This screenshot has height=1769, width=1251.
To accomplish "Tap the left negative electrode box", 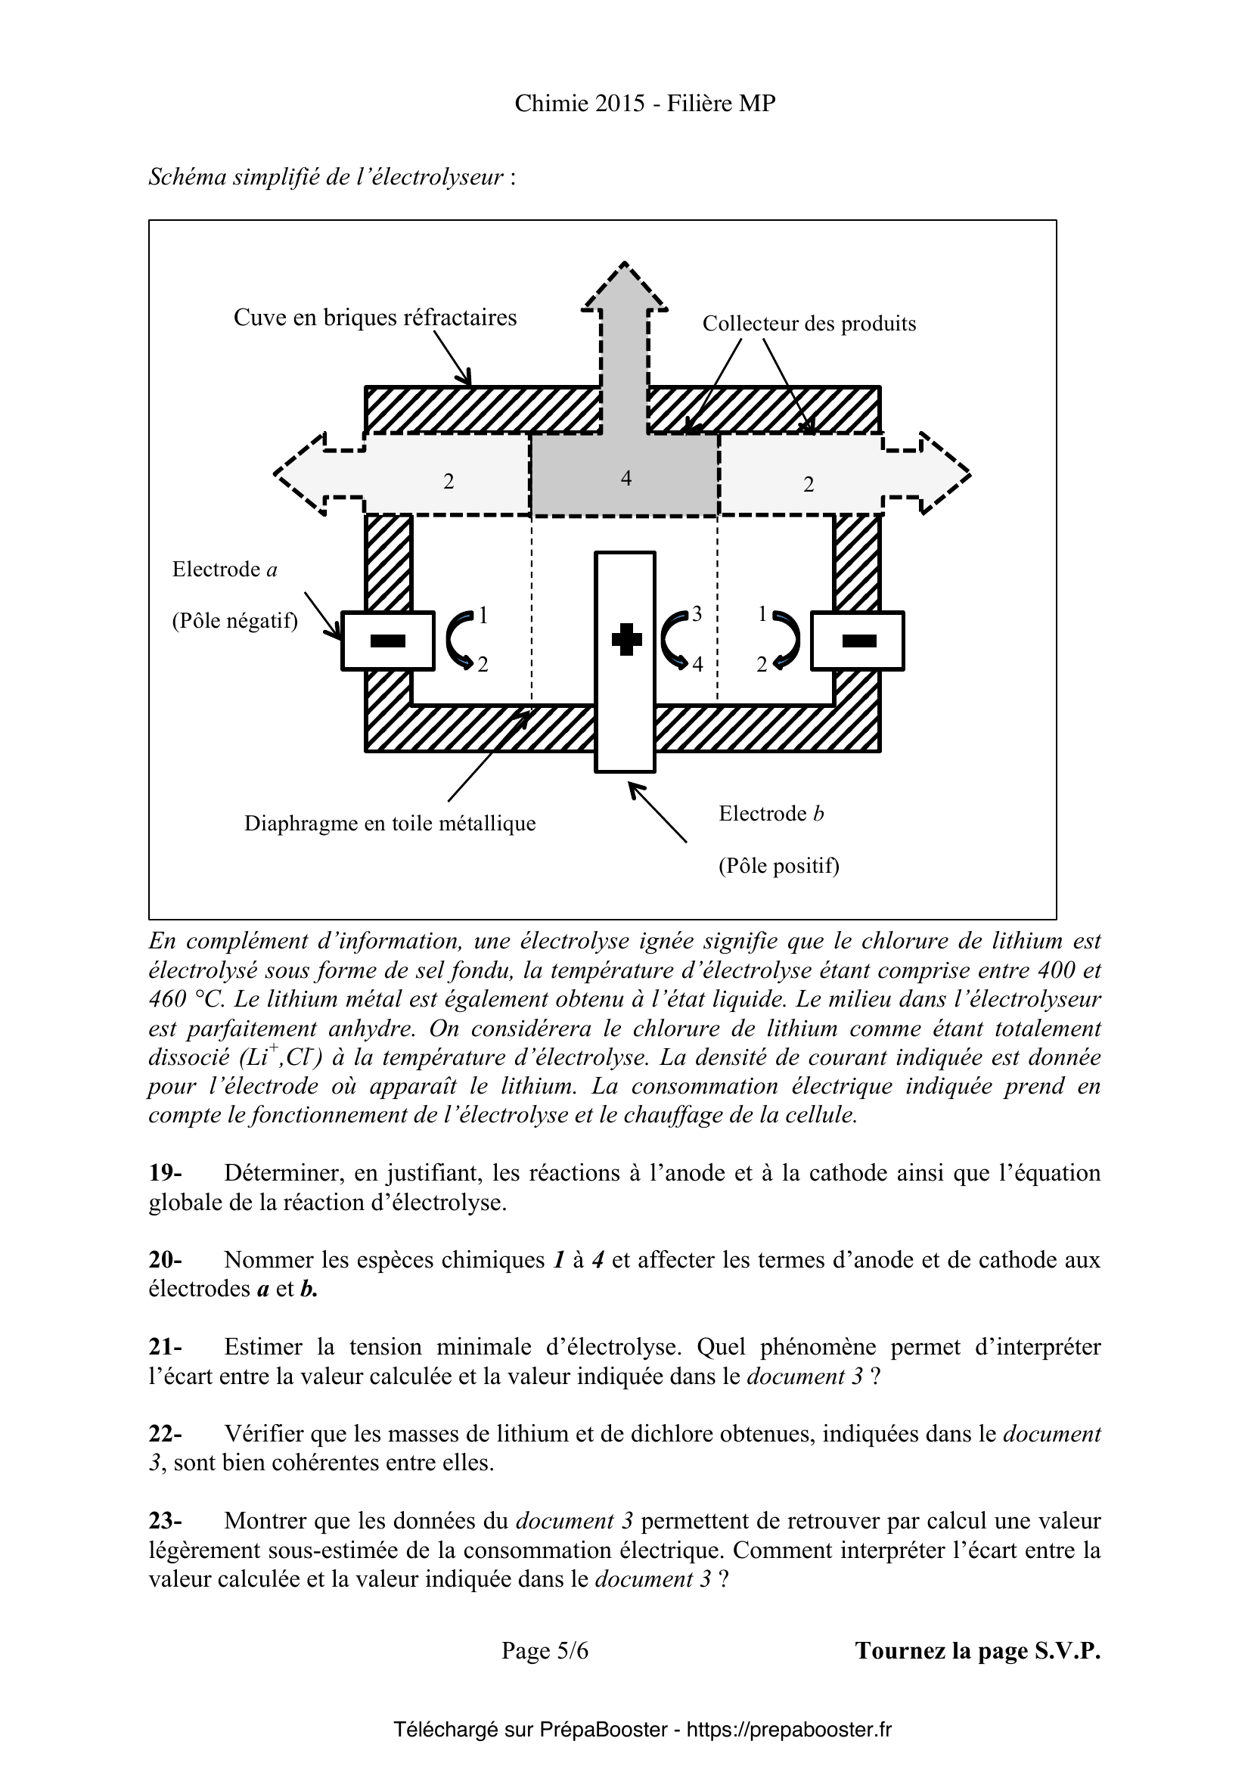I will tap(387, 641).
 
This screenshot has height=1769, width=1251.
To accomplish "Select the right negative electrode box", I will tap(858, 641).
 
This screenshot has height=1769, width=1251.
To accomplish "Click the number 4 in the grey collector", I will tap(625, 479).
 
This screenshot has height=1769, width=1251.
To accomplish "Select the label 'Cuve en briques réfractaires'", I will tap(375, 318).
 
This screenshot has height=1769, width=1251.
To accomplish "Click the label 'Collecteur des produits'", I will tap(809, 324).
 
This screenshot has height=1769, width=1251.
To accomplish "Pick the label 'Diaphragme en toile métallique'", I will tap(390, 824).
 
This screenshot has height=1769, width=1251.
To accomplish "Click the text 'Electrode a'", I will tap(224, 569).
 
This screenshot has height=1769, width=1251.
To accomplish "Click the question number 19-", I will tap(165, 1174).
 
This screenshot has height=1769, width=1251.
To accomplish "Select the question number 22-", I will tap(165, 1434).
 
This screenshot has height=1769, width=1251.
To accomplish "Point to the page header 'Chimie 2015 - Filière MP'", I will tap(644, 104).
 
